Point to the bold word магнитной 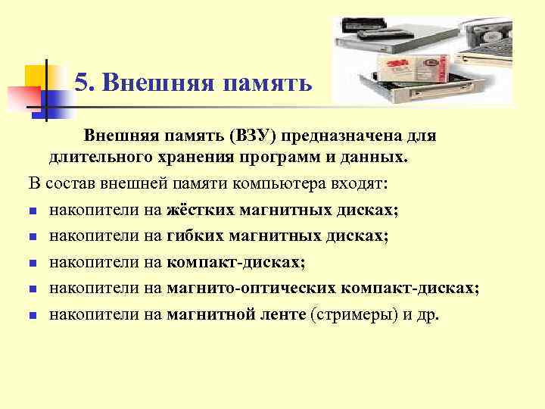coord(203,314)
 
